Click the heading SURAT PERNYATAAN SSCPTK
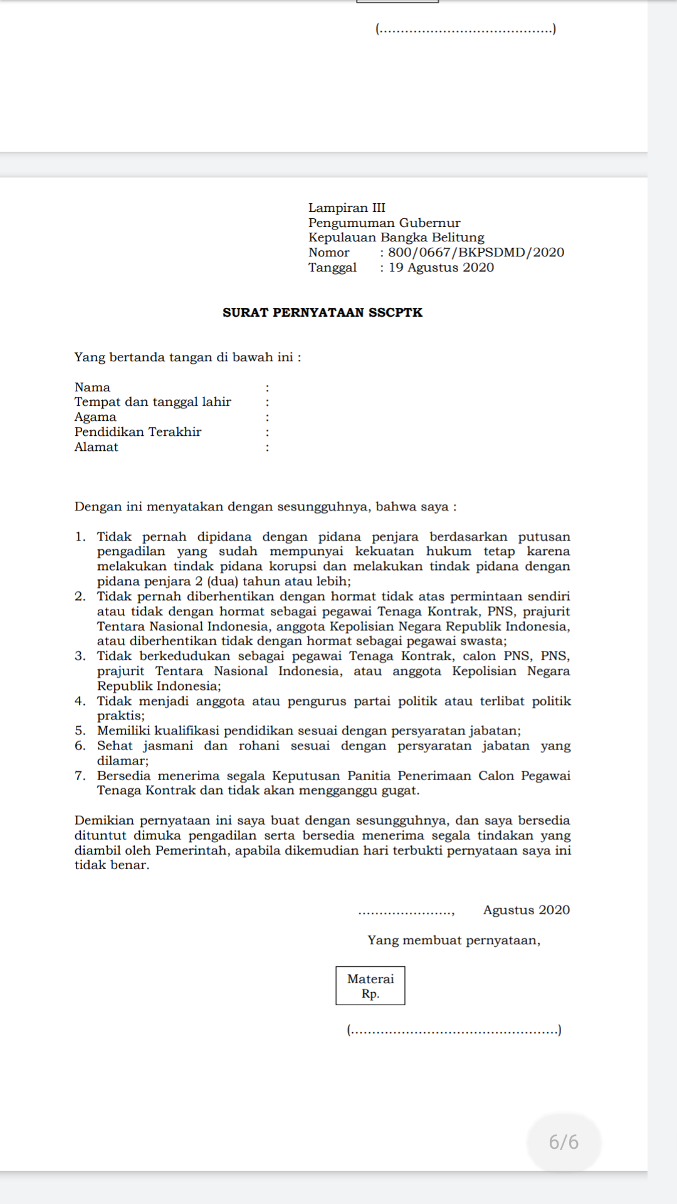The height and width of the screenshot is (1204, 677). [x=322, y=312]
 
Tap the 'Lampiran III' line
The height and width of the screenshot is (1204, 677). [x=347, y=208]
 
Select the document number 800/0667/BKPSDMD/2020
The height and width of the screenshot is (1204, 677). [x=476, y=252]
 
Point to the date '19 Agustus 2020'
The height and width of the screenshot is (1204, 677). [x=441, y=267]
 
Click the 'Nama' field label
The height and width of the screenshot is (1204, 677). [x=92, y=387]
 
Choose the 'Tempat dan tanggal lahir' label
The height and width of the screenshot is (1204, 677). [x=152, y=402]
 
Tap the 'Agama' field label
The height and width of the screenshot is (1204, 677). [x=95, y=417]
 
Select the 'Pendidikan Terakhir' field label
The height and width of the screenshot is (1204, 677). [x=138, y=432]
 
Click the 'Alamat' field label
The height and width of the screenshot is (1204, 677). [x=96, y=447]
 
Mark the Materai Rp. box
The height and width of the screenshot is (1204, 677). [x=370, y=986]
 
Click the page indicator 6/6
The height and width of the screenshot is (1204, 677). [x=564, y=1142]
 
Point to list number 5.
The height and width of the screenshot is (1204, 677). [x=80, y=731]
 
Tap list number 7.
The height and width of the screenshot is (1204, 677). [x=80, y=776]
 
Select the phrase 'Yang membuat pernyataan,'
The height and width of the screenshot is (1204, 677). [x=454, y=940]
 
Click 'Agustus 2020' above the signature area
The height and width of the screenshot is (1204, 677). [x=526, y=910]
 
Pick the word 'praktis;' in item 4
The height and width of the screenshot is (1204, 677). [x=120, y=716]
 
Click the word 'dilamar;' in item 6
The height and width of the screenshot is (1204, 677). [x=122, y=761]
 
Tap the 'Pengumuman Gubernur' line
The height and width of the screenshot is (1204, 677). [x=384, y=223]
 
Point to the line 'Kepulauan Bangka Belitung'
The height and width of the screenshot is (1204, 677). [x=396, y=237]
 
